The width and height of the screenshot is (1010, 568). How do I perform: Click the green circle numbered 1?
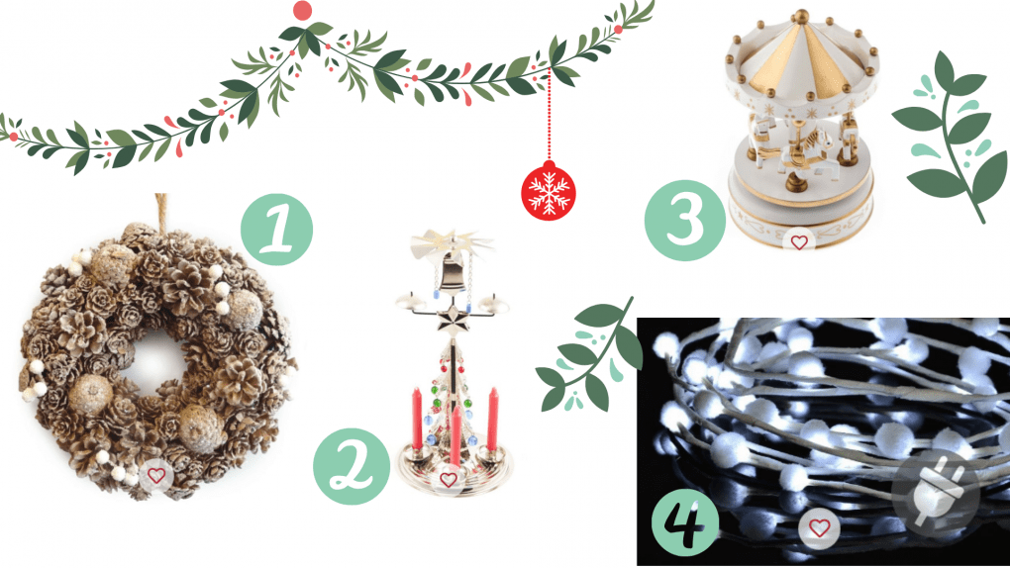point(277,230)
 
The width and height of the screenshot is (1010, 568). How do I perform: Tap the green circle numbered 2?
point(352,466)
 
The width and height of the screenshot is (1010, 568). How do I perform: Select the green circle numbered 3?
point(685,221)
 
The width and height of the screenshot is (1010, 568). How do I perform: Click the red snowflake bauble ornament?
point(549,191)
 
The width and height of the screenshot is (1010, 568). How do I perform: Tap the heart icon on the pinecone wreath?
point(155,476)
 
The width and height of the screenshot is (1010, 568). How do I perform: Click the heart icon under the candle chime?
point(449,479)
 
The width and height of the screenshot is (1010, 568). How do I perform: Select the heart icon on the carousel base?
point(799,242)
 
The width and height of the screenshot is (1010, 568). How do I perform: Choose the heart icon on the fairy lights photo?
point(819,528)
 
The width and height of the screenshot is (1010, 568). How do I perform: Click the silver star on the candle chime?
point(451,320)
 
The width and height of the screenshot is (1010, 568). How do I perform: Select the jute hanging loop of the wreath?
point(161,210)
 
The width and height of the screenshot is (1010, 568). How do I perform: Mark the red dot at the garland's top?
point(302,10)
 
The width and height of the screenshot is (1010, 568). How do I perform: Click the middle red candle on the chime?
point(455,434)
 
